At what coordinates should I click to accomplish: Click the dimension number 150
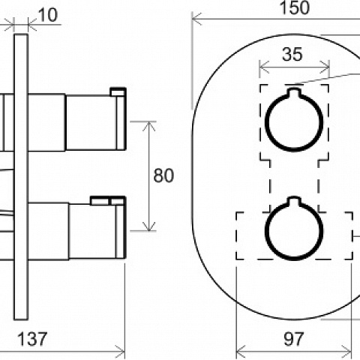pyautogui.click(x=295, y=7)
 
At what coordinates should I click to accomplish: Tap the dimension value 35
pyautogui.click(x=292, y=54)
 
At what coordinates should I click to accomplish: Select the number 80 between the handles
pyautogui.click(x=163, y=175)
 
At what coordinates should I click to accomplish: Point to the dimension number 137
pyautogui.click(x=32, y=339)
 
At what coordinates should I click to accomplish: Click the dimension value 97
pyautogui.click(x=293, y=339)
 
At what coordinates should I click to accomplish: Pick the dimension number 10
pyautogui.click(x=48, y=15)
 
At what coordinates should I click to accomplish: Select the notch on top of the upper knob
pyautogui.click(x=294, y=92)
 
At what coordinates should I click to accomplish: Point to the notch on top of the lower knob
pyautogui.click(x=294, y=201)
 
